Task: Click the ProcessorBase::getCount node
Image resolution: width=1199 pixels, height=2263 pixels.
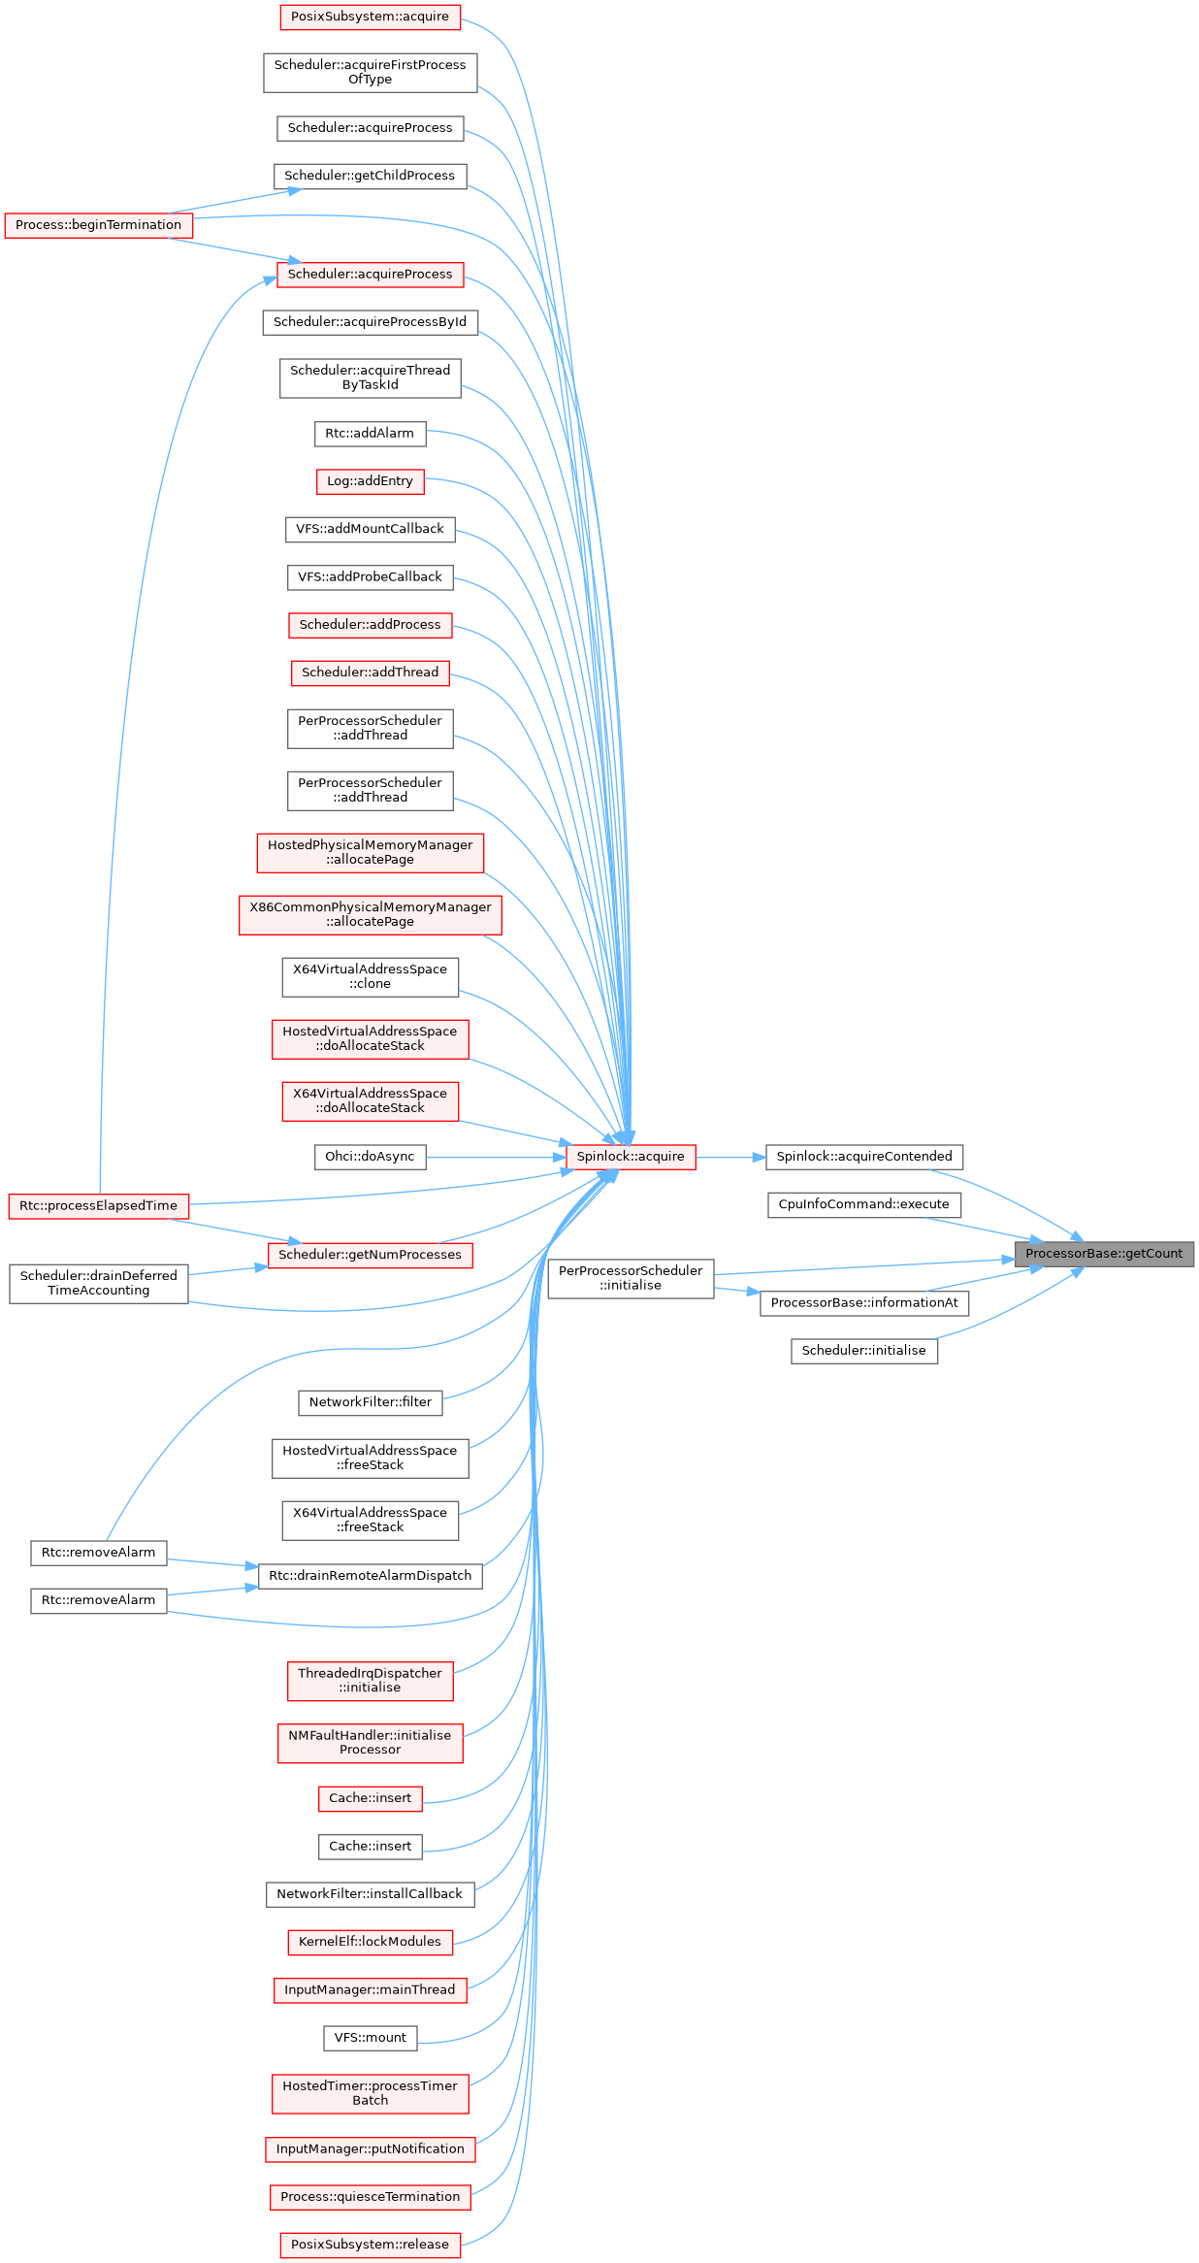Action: (x=1104, y=1254)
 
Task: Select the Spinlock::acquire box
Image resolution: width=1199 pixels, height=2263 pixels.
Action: (x=631, y=1157)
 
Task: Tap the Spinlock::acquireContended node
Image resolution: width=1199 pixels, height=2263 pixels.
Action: (x=864, y=1157)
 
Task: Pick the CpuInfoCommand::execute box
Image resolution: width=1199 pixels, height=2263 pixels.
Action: (x=864, y=1204)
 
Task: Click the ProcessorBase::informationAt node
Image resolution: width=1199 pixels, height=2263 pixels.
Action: (x=864, y=1302)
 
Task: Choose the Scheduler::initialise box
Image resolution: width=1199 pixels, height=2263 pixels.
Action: (x=864, y=1351)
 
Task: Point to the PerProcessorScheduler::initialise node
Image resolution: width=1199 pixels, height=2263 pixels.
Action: (x=631, y=1278)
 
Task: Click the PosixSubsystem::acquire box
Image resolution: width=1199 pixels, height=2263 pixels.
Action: (x=371, y=16)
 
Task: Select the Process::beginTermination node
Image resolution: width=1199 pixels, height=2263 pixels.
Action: (x=99, y=225)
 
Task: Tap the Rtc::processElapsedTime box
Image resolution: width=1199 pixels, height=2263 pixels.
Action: (x=99, y=1206)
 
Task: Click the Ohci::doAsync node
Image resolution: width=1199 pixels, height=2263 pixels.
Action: (x=370, y=1157)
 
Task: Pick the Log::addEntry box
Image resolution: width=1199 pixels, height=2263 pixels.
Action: (x=370, y=481)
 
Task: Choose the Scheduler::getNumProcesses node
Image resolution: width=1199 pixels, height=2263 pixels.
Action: (x=371, y=1255)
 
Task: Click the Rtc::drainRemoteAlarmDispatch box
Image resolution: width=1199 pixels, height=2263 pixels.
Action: (x=371, y=1576)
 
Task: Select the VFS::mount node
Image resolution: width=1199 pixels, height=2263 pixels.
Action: (x=371, y=2038)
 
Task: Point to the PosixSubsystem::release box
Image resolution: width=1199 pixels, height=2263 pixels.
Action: (x=371, y=2245)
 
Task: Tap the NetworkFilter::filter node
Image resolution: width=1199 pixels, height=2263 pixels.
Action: (x=371, y=1402)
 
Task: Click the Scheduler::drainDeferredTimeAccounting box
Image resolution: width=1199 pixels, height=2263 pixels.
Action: (x=99, y=1283)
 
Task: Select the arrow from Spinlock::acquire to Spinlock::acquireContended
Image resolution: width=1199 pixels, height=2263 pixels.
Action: (x=730, y=1157)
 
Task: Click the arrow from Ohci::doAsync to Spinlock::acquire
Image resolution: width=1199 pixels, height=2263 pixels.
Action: (x=496, y=1157)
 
